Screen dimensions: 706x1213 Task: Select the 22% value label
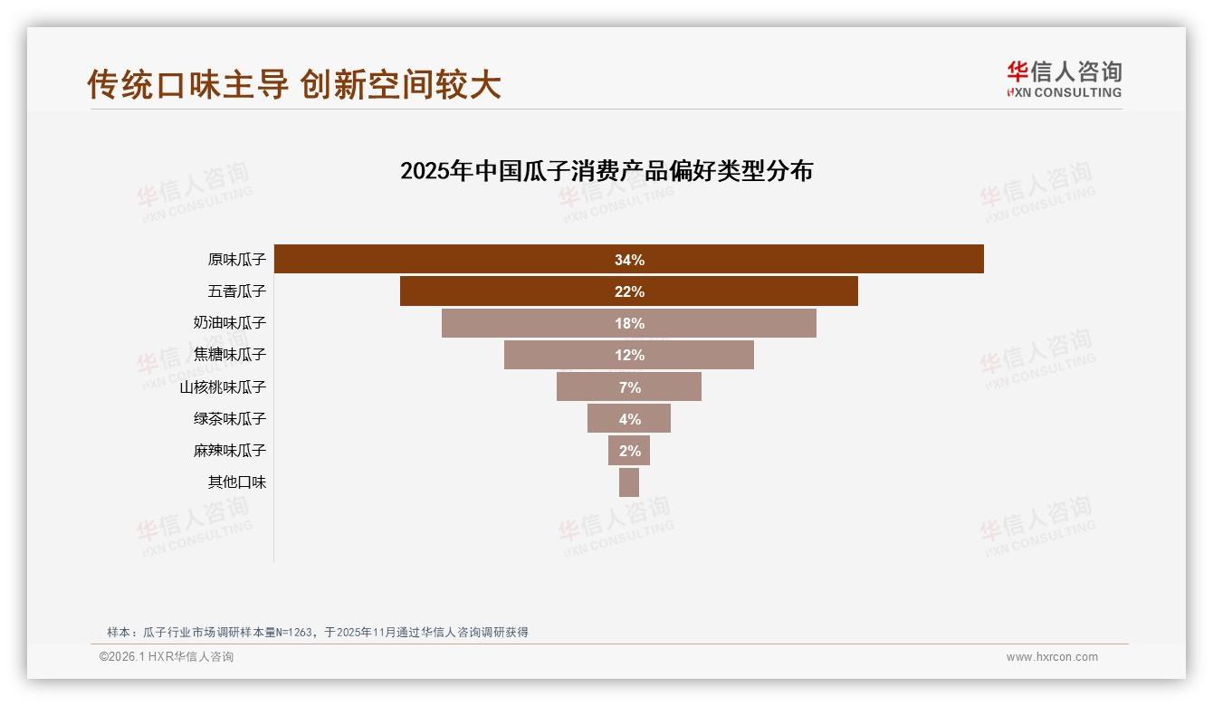(x=629, y=291)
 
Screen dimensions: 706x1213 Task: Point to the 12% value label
(x=629, y=355)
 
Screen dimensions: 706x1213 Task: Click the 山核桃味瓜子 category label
(x=223, y=386)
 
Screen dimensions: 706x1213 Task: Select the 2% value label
(x=629, y=451)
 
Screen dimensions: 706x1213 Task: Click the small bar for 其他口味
(x=629, y=482)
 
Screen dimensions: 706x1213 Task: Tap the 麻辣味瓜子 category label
(x=230, y=450)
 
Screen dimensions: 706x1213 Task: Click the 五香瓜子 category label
(x=237, y=291)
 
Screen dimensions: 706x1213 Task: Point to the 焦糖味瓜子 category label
(x=230, y=355)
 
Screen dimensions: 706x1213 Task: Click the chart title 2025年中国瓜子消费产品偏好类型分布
(x=606, y=171)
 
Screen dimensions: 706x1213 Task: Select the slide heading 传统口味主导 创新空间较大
(x=294, y=85)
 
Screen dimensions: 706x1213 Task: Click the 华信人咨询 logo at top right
(x=1064, y=79)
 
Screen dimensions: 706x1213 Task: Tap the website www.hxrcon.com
(x=1052, y=657)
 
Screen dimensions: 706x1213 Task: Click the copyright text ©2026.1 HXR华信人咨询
(x=167, y=657)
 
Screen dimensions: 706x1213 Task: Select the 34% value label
(x=629, y=260)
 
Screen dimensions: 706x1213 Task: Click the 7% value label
(x=629, y=387)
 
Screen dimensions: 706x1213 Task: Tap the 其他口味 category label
(x=237, y=482)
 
